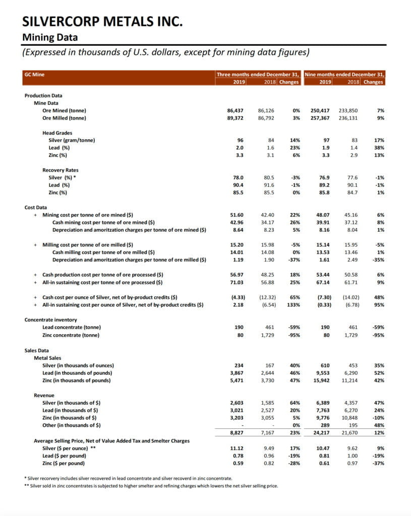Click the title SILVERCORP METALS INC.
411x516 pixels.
pyautogui.click(x=102, y=22)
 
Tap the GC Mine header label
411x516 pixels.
pyautogui.click(x=34, y=75)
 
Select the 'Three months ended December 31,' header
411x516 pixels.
pyautogui.click(x=258, y=75)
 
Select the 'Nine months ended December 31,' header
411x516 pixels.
pyautogui.click(x=344, y=75)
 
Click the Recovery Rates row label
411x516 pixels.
pyautogui.click(x=61, y=170)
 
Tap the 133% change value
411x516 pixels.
pyautogui.click(x=293, y=304)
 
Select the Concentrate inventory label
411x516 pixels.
pyautogui.click(x=50, y=319)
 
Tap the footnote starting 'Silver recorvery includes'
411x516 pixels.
pyautogui.click(x=129, y=478)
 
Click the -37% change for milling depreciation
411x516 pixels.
pyautogui.click(x=292, y=260)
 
